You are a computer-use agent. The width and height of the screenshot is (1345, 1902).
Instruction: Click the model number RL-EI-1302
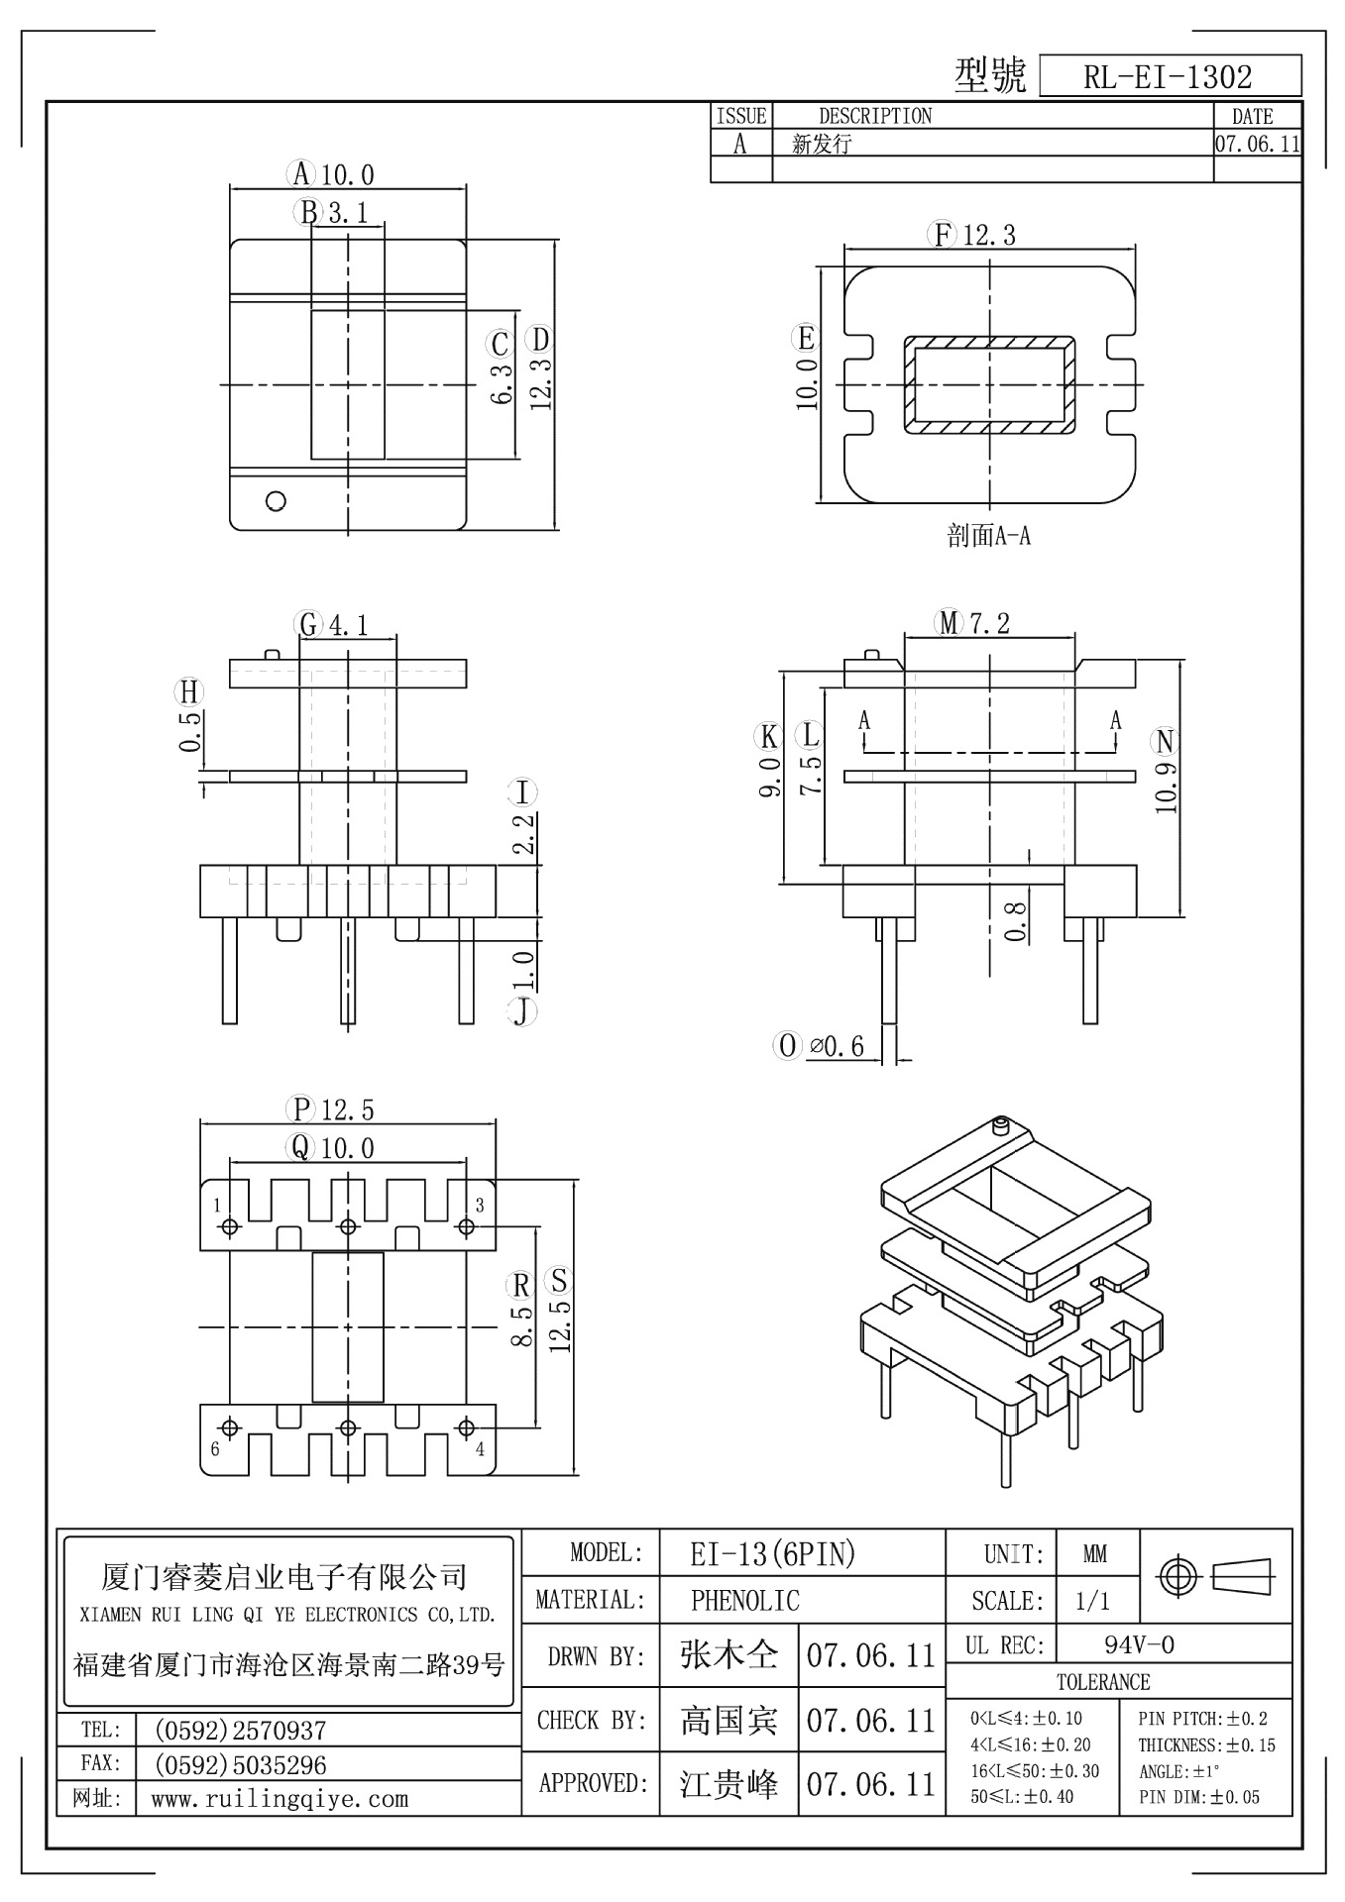click(1168, 77)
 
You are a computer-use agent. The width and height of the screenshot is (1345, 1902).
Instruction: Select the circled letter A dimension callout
click(301, 174)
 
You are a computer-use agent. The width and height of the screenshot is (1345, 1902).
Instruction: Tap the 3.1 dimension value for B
click(349, 212)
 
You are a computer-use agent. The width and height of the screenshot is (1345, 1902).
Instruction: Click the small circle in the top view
click(277, 500)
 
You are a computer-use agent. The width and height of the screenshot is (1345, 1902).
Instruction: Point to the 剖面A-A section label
click(988, 537)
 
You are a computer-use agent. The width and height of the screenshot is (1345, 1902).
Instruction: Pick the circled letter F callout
click(941, 235)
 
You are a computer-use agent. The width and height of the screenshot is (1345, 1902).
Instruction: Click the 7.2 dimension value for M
click(989, 623)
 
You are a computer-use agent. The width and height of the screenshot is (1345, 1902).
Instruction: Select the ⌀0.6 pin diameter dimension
click(837, 1046)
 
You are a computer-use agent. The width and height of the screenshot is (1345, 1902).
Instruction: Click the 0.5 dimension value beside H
click(191, 731)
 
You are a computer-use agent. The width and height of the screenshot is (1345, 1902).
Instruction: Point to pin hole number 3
click(466, 1226)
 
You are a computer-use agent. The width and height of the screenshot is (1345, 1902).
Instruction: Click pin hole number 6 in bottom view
click(230, 1428)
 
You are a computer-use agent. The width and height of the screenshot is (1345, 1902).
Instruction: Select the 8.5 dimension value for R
click(522, 1325)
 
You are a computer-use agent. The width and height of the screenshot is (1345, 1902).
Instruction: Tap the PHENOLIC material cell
click(744, 1600)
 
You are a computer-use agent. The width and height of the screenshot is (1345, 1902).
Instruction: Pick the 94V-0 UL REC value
click(1139, 1645)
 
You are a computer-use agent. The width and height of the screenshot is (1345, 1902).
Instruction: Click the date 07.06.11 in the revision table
click(1257, 144)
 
